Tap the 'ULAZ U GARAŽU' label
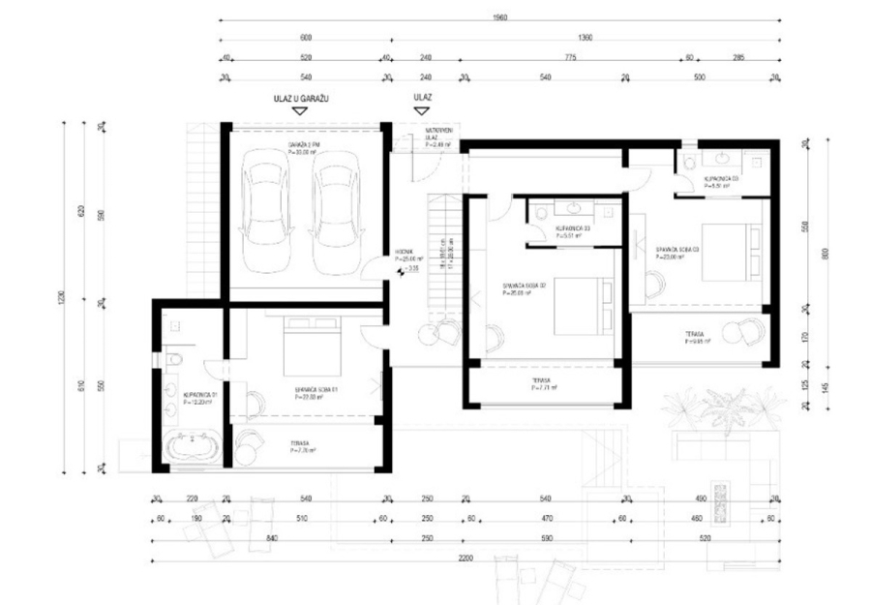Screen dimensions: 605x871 [301, 98]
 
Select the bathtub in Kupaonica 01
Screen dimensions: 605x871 [193, 448]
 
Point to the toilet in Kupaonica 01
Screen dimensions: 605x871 [171, 360]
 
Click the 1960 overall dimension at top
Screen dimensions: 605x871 [499, 17]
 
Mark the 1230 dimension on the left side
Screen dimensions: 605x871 [65, 299]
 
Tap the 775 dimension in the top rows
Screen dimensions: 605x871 [570, 57]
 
